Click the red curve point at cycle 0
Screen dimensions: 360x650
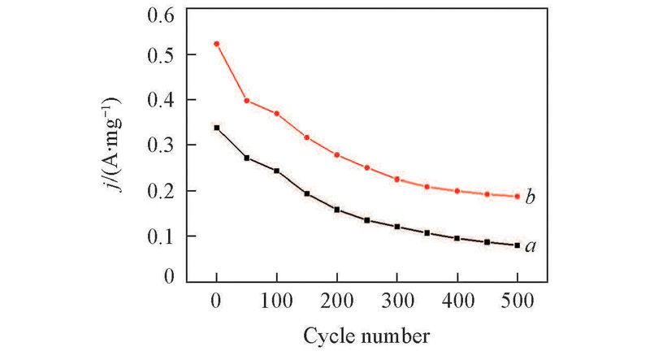pyautogui.click(x=217, y=44)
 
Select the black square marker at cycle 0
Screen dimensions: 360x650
pyautogui.click(x=217, y=128)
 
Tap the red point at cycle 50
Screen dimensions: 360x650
pyautogui.click(x=247, y=101)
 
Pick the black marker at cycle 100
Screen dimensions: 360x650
pyautogui.click(x=277, y=171)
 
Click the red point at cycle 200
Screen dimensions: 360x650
pyautogui.click(x=336, y=155)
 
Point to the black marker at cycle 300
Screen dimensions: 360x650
pyautogui.click(x=397, y=227)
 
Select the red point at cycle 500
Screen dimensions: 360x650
pyautogui.click(x=517, y=196)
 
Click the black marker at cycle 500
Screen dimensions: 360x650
pyautogui.click(x=517, y=245)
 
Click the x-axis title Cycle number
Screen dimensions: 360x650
pyautogui.click(x=367, y=335)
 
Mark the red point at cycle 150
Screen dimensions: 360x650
pyautogui.click(x=307, y=137)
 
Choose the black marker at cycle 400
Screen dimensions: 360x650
pyautogui.click(x=457, y=238)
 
